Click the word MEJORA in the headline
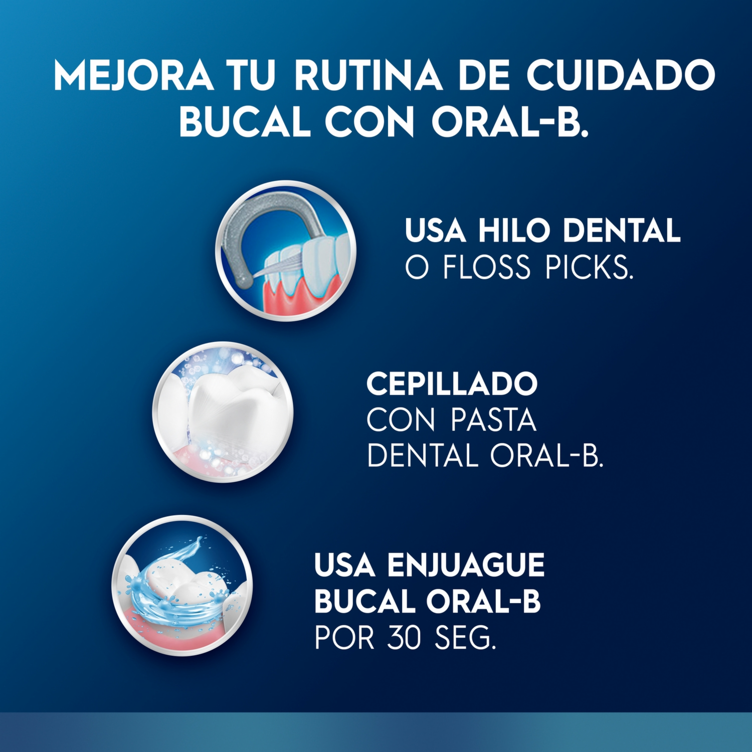[x=133, y=76]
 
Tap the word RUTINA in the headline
[x=368, y=76]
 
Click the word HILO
[x=514, y=231]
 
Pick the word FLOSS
[x=487, y=267]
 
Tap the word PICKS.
[x=589, y=267]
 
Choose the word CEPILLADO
[x=452, y=385]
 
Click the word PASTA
[x=493, y=420]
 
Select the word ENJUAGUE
[x=466, y=565]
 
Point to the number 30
[x=404, y=638]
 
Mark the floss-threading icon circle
[x=286, y=250]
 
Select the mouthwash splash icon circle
[x=182, y=586]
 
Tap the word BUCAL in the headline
[x=245, y=122]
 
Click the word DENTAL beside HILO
[x=622, y=231]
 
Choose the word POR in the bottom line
[x=344, y=638]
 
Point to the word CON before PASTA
[x=401, y=420]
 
